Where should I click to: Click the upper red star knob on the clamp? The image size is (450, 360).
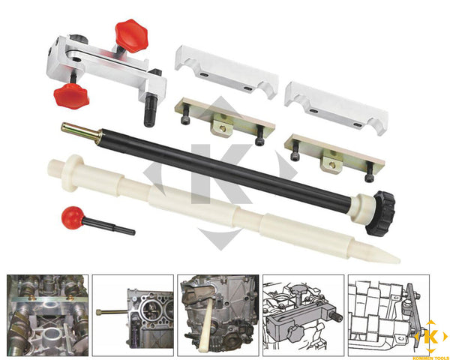coord(131,36)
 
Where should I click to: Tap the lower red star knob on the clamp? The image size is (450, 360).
coord(71,96)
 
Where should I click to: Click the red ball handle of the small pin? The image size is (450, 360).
coord(72,217)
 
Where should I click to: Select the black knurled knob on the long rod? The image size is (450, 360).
coord(380,213)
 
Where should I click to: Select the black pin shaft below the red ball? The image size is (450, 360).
coord(109,226)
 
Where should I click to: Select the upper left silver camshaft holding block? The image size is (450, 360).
coord(226,72)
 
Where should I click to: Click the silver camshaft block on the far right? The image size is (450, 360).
coord(336,109)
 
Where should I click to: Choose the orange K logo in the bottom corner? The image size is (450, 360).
coord(430,337)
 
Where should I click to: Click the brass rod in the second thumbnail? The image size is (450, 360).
coord(112,312)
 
